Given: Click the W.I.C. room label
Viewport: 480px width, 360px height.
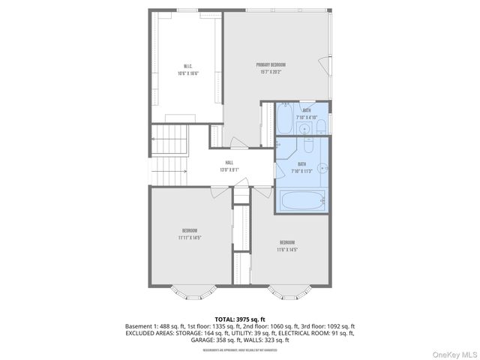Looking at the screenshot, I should pos(187,65).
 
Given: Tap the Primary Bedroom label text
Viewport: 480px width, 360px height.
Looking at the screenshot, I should pos(271,65).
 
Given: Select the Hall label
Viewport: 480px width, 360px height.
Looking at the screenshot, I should pos(229,162).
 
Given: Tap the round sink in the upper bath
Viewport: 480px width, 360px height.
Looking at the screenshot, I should pos(305,129).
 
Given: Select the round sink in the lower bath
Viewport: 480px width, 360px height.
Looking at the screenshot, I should pos(323,169).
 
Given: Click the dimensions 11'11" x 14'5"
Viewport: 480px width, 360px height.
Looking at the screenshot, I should pos(189,238).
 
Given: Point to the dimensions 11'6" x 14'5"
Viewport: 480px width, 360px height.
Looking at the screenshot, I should pos(286,250).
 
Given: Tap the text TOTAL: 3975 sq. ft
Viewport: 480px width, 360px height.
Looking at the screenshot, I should pos(239,319).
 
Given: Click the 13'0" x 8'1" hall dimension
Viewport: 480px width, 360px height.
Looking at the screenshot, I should pos(229,169).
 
